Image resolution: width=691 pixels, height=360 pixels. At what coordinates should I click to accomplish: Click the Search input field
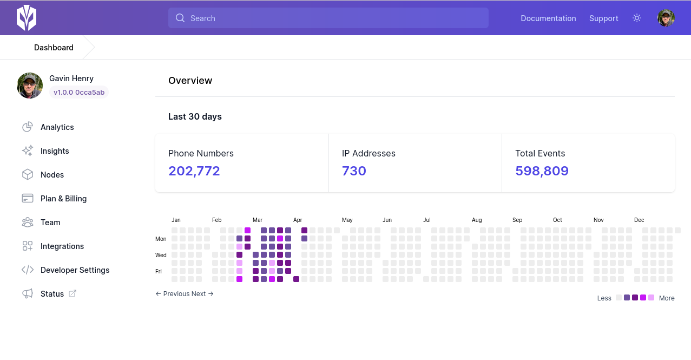(328, 18)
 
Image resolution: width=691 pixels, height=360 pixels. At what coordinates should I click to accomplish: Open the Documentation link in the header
(548, 18)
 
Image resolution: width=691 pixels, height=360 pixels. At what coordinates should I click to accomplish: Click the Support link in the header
(603, 18)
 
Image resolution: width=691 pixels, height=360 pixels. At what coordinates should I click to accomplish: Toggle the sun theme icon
(637, 18)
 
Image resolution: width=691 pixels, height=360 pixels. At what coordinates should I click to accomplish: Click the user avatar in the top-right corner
(666, 18)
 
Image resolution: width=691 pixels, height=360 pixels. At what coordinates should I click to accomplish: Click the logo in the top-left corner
(26, 18)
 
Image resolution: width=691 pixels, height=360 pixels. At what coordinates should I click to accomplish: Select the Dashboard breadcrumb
(54, 48)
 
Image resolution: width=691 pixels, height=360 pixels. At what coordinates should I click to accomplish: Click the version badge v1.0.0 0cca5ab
(79, 92)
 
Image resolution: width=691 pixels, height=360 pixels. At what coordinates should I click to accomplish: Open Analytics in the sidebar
(57, 127)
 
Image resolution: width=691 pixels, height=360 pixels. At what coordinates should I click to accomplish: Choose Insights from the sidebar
(55, 151)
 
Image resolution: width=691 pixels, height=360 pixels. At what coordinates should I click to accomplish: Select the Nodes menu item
(52, 175)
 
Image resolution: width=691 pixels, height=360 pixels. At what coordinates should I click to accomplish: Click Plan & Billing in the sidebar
(63, 199)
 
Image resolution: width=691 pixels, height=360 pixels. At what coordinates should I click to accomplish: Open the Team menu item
(50, 222)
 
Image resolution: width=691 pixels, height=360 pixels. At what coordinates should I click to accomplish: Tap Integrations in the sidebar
(62, 246)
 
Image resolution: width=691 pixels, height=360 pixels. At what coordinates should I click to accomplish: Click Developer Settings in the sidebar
(75, 270)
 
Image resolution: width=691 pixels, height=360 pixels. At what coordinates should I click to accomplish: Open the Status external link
(52, 294)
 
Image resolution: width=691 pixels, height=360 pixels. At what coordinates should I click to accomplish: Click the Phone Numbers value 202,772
(194, 171)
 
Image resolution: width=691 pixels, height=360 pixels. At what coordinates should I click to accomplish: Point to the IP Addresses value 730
(354, 171)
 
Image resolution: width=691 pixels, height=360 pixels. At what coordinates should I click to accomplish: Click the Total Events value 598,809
(542, 171)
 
